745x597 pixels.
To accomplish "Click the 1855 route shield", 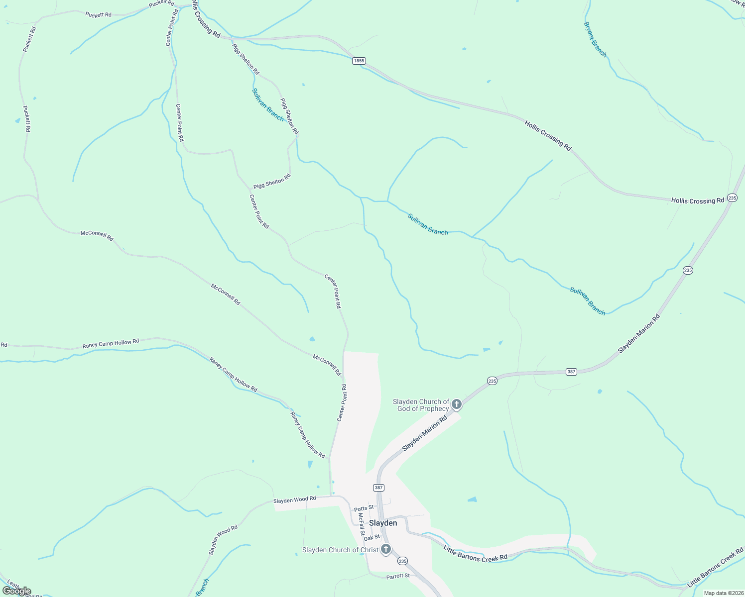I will pos(359,61).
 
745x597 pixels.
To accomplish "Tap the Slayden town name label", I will pos(383,523).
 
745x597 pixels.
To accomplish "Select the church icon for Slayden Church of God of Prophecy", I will pos(456,404).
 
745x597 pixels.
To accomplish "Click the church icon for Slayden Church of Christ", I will pos(385,550).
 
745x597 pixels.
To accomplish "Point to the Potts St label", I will pos(364,508).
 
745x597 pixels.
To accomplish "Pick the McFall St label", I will pos(362,524).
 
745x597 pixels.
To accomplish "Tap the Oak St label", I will pos(372,538).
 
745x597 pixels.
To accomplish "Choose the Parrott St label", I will pos(398,576).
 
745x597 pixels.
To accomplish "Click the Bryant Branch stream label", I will pos(595,39).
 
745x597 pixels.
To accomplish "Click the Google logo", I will pos(16,591).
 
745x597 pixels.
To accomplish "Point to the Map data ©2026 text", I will pos(723,593).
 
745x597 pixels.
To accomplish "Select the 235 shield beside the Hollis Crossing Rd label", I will pos(732,198).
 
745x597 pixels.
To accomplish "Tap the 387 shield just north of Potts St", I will pos(378,488).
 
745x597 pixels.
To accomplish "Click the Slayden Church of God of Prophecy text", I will pos(421,405).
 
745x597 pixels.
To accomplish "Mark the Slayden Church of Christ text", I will pos(340,550).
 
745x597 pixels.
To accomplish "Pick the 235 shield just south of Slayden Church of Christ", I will pos(402,561).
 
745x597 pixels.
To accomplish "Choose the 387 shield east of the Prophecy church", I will pos(571,372).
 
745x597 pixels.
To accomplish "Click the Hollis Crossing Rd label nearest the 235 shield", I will pos(697,200).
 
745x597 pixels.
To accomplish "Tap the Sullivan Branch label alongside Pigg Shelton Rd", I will pos(268,105).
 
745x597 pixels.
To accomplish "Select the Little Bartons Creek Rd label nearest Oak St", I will pos(475,553).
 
